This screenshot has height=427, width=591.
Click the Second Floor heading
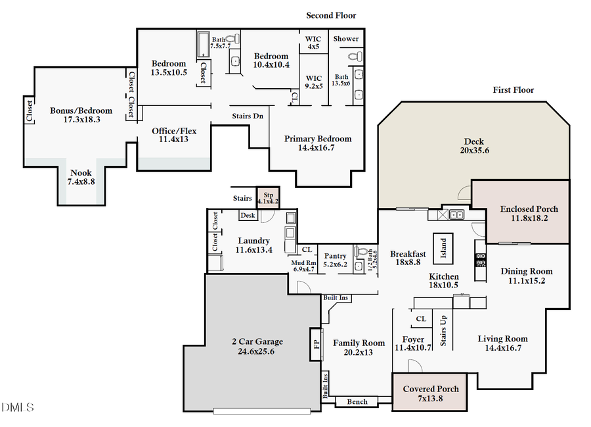pyautogui.click(x=331, y=15)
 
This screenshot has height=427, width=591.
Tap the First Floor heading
pyautogui.click(x=514, y=90)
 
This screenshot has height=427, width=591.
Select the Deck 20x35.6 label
pyautogui.click(x=473, y=145)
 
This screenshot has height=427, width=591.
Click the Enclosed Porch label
pyautogui.click(x=529, y=214)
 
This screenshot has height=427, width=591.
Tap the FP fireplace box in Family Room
pyautogui.click(x=315, y=344)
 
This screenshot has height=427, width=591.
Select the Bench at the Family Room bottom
pyautogui.click(x=357, y=401)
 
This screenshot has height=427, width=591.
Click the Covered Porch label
pyautogui.click(x=430, y=393)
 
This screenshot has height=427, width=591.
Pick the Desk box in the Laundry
pyautogui.click(x=248, y=215)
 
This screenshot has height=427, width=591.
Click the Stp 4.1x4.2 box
pyautogui.click(x=268, y=198)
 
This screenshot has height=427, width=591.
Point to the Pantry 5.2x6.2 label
pyautogui.click(x=336, y=259)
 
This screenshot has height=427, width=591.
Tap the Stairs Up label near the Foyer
pyautogui.click(x=444, y=330)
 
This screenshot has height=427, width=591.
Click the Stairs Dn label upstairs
pyautogui.click(x=248, y=116)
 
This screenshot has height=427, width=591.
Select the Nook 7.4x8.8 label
pyautogui.click(x=81, y=176)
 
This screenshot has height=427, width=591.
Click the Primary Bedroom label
pyautogui.click(x=318, y=143)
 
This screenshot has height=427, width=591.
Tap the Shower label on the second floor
pyautogui.click(x=345, y=39)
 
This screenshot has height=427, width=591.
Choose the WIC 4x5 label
pyautogui.click(x=313, y=43)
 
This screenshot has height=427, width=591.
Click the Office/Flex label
pyautogui.click(x=174, y=135)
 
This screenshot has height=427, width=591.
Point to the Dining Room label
pyautogui.click(x=526, y=275)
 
